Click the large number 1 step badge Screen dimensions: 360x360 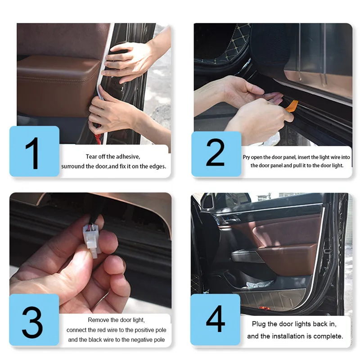35,151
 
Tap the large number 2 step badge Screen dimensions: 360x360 216,154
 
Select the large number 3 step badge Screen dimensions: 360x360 34,319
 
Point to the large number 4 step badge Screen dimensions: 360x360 216,319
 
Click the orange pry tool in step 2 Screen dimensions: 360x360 292,106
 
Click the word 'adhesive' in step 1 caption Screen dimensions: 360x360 129,157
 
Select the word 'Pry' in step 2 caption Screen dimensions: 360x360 246,157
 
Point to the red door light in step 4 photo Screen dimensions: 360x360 265,308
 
